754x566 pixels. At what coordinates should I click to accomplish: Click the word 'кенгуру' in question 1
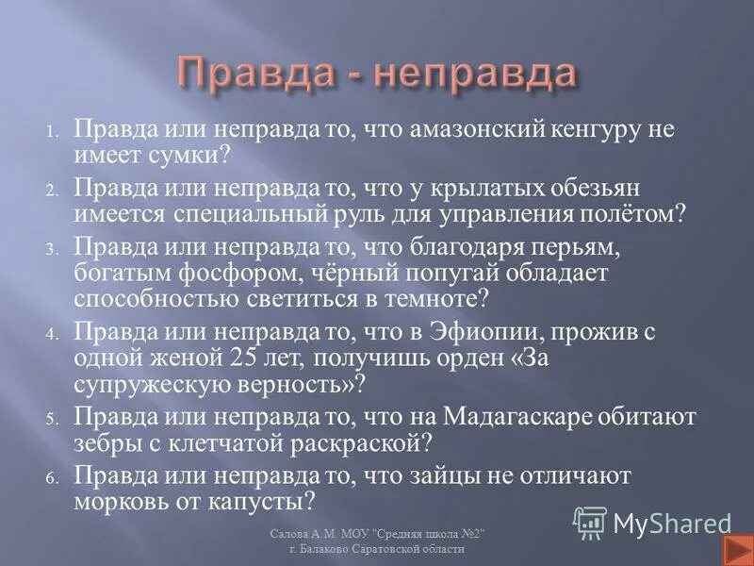click(x=588, y=130)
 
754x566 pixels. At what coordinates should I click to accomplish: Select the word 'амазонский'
click(x=468, y=130)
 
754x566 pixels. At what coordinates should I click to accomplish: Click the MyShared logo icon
click(x=589, y=522)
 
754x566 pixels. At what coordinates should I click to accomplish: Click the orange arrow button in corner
click(x=734, y=549)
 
